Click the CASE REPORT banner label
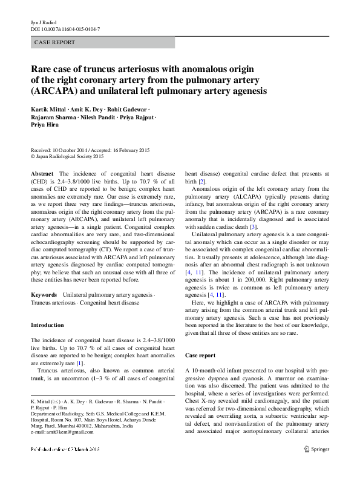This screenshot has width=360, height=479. [x=55, y=42]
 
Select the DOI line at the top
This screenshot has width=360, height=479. [x=65, y=28]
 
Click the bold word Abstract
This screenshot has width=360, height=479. [x=42, y=173]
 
